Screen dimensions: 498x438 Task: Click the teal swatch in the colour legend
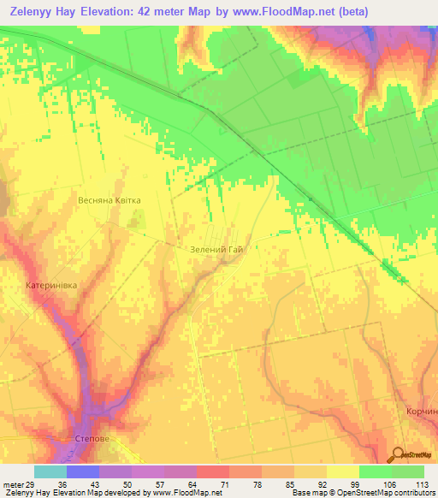coord(50,471)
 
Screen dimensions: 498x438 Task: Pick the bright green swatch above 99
coord(375,471)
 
